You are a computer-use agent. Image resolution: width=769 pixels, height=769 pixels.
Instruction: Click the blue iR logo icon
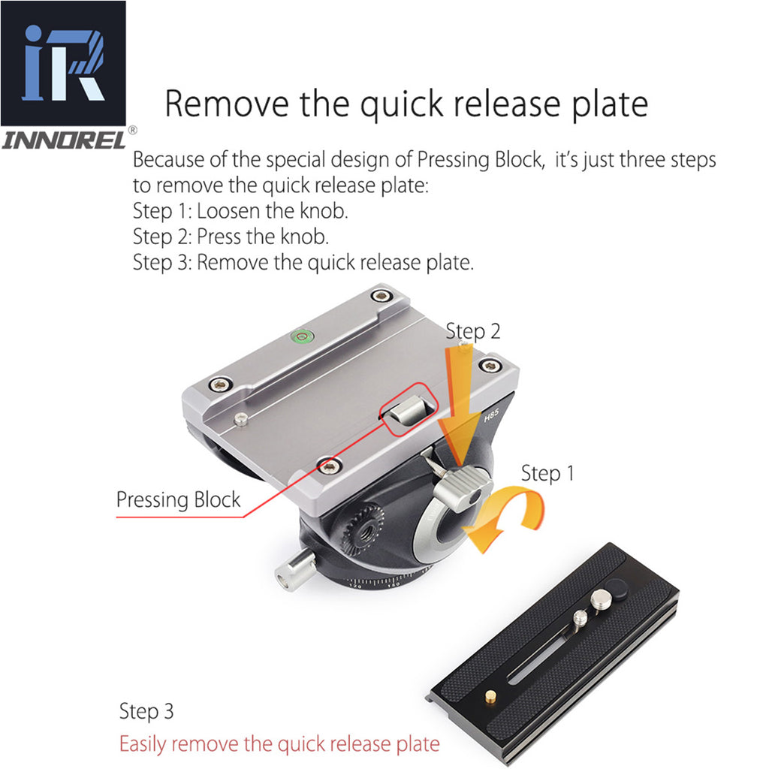coord(63,63)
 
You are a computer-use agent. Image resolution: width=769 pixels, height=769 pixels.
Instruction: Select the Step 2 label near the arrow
coord(473,331)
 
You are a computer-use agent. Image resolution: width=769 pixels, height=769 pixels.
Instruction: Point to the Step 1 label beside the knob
coord(547,473)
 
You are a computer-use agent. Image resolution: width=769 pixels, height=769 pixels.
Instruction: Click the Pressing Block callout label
coord(178,500)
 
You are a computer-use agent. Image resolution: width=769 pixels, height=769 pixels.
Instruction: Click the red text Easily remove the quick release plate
coord(279,744)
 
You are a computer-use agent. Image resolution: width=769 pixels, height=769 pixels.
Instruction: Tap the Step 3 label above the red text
coord(146,711)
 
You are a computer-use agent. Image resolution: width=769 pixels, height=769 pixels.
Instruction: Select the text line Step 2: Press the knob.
coord(231,237)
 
